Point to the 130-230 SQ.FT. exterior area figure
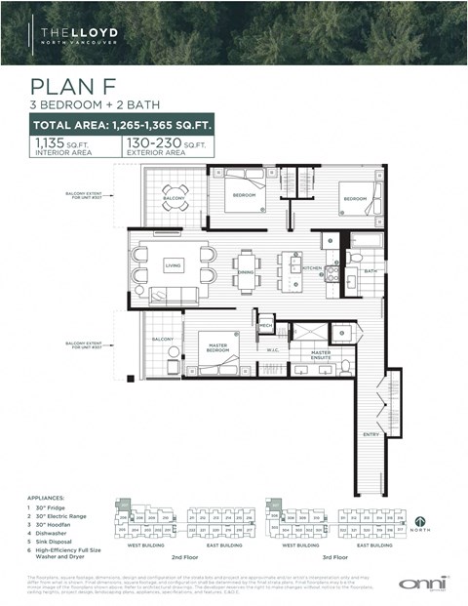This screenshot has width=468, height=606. pos(166,145)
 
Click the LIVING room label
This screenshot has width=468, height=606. pos(174,264)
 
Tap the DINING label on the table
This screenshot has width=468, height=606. pos(247,272)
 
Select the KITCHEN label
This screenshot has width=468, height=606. pos(311,267)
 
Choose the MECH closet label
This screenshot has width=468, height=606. pos(265,326)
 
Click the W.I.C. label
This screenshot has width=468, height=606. pos(274,348)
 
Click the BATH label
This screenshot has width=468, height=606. pos(370,271)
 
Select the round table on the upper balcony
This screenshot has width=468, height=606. pos(175,193)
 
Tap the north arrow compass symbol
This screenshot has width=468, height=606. pos(419,522)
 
